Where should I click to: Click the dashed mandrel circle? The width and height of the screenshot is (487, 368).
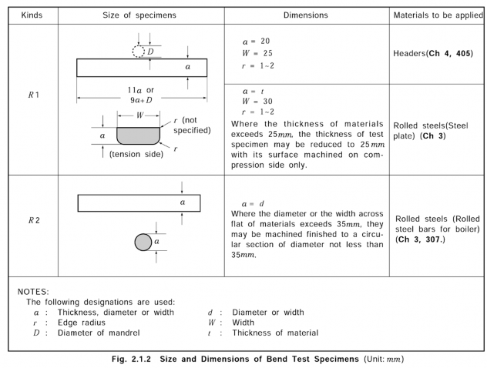(x=139, y=51)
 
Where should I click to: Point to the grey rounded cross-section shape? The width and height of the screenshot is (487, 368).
(x=138, y=135)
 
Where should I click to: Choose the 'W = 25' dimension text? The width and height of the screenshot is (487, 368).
(x=256, y=53)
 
